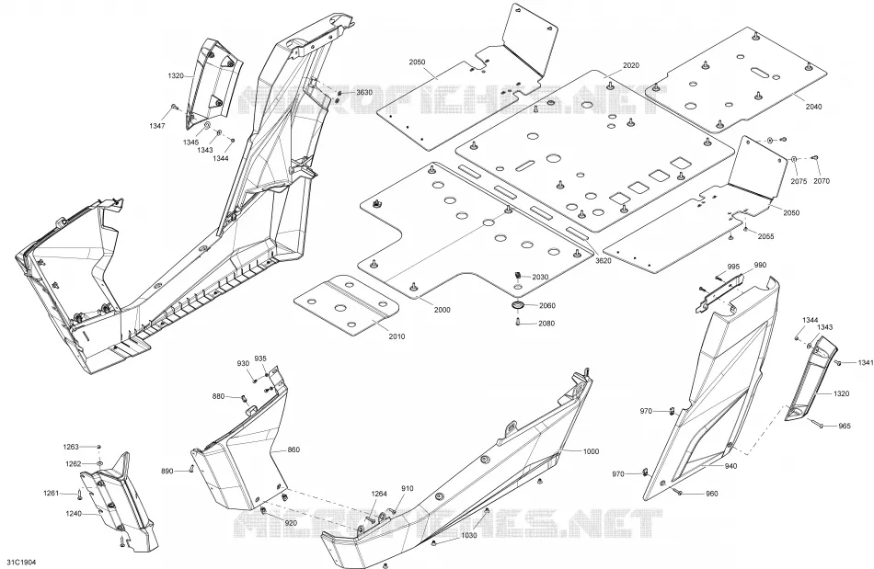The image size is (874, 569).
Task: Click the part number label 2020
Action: [630, 65]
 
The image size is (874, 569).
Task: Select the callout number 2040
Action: [813, 107]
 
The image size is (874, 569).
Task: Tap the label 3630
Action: [364, 92]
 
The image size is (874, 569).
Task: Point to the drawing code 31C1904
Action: [17, 563]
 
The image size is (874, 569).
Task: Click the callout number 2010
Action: [397, 336]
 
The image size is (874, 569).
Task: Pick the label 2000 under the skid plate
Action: [442, 310]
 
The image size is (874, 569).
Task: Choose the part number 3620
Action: [604, 260]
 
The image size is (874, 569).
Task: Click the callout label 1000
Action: [591, 451]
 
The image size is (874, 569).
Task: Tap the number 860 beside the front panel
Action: [293, 450]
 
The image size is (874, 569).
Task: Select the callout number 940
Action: [730, 466]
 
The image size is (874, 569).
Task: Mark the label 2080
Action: [546, 323]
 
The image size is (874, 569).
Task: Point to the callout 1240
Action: [74, 513]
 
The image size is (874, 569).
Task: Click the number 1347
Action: [156, 126]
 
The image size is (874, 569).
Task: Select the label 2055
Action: [765, 236]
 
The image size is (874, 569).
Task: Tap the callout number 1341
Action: [866, 363]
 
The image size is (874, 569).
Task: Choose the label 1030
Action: [469, 536]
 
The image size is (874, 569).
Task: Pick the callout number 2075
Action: [799, 181]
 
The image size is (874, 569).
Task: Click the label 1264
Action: [379, 494]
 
